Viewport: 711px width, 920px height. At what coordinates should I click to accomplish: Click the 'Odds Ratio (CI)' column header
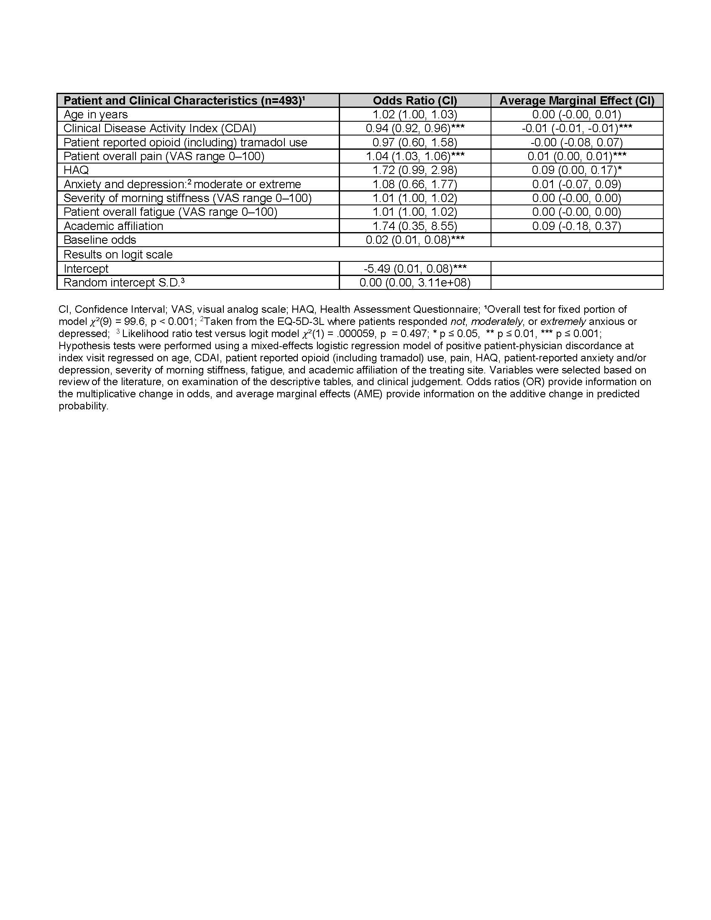(x=414, y=101)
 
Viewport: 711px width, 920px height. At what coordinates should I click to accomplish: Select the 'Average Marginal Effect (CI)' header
(x=577, y=101)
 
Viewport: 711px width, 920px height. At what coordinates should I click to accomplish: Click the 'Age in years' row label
(x=96, y=115)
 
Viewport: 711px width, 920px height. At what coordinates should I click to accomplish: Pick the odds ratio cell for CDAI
(x=414, y=128)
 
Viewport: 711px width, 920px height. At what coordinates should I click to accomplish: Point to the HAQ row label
(x=76, y=170)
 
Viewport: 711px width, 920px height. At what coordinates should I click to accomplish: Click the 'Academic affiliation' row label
(x=113, y=226)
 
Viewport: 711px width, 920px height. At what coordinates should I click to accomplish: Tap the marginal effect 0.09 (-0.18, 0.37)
(x=576, y=226)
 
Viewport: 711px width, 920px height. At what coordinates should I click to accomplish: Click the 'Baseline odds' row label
(x=100, y=240)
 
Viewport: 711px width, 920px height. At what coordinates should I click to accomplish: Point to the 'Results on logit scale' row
(x=118, y=254)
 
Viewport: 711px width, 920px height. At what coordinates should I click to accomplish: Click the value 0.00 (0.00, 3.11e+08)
(x=414, y=282)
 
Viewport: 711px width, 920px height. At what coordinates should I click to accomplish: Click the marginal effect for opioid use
(x=576, y=142)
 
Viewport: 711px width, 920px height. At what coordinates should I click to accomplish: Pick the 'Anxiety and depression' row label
(x=182, y=184)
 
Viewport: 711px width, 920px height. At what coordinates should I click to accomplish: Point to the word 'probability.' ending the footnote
(x=83, y=406)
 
